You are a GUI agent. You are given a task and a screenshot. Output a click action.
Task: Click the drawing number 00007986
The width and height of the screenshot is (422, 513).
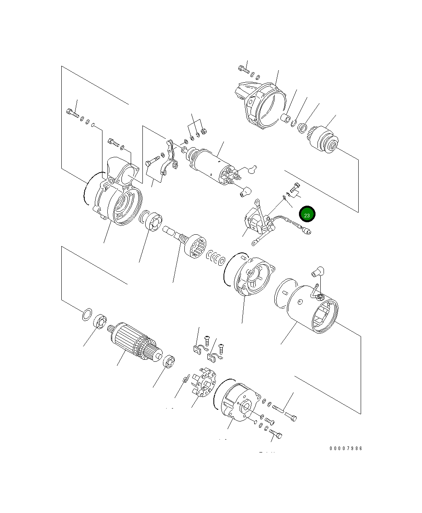click(346, 448)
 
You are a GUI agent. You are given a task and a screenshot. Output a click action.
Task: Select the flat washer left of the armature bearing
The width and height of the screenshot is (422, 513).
click(87, 315)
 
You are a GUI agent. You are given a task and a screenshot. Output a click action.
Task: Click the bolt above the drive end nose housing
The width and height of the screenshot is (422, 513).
click(243, 70)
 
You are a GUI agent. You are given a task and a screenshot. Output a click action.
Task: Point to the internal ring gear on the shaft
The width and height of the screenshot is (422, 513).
click(196, 246)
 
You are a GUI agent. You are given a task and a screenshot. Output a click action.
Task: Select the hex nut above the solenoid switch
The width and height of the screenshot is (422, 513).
click(203, 131)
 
